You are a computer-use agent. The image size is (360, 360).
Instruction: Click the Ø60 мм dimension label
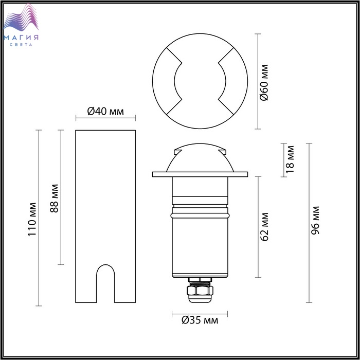click(x=264, y=83)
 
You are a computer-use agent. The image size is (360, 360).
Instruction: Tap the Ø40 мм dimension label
click(x=105, y=112)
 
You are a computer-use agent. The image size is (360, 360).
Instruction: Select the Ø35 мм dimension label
click(x=200, y=320)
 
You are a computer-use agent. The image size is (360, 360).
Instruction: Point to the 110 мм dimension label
click(x=32, y=219)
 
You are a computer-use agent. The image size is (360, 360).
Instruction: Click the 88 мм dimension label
click(x=55, y=199)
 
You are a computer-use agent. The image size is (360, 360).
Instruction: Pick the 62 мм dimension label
click(x=264, y=227)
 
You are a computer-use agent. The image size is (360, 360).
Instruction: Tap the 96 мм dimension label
click(x=315, y=221)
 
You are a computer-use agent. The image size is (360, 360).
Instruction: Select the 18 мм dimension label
click(x=290, y=159)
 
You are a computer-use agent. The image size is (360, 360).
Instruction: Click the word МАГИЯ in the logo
click(x=21, y=38)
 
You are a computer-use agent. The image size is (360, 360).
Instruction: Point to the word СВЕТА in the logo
click(x=21, y=45)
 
